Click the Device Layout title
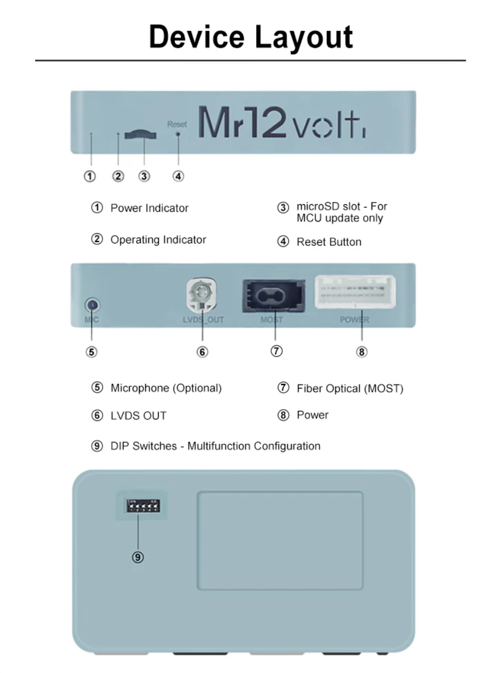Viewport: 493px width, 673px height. point(250,37)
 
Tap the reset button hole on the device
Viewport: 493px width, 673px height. point(178,135)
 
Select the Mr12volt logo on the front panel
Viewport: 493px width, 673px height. point(281,123)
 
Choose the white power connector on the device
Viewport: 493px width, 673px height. point(356,292)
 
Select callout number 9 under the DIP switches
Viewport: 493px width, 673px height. point(138,558)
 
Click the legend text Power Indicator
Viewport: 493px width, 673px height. point(149,208)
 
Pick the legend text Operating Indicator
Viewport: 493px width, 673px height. point(158,240)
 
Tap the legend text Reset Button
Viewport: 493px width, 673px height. point(328,242)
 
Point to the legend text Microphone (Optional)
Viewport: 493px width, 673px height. point(166,389)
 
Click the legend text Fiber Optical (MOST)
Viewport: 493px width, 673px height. point(350,389)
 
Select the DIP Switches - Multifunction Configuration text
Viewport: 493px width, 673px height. point(215,447)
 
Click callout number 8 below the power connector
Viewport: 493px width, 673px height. point(362,352)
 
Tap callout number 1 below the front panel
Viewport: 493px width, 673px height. point(91,176)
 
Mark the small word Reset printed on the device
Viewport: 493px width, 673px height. point(176,124)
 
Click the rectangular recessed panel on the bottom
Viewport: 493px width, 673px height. point(280,540)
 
